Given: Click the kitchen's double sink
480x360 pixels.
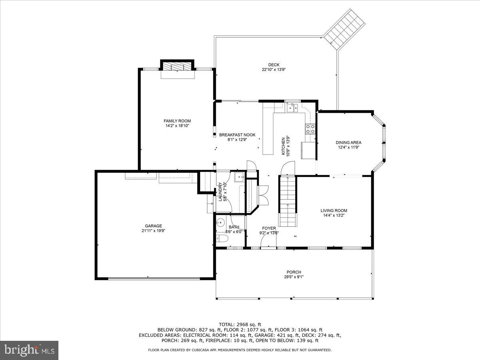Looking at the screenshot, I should click(292, 108).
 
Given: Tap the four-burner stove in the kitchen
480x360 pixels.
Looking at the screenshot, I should click(310, 129).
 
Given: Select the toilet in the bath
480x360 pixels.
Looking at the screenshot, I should click(222, 239).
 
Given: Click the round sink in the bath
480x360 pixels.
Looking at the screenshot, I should click(220, 223).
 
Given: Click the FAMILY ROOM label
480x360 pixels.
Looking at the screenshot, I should click(177, 121).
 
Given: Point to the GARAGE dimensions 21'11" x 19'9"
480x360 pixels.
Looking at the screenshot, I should click(154, 230).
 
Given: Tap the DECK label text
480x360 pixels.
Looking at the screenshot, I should click(274, 65).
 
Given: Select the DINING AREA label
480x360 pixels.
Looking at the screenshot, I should click(348, 142).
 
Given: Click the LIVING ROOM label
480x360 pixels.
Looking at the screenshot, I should click(334, 210).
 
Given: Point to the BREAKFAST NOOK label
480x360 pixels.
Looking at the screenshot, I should click(237, 135).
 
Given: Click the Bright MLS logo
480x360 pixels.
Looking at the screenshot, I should click(29, 350).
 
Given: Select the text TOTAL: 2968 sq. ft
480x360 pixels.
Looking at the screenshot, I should click(240, 324).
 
